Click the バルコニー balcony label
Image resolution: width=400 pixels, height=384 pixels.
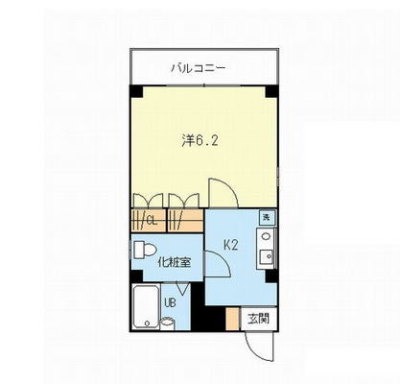[x=199, y=68]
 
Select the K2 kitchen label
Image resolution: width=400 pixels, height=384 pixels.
[x=231, y=246]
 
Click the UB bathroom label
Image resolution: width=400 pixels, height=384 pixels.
[x=170, y=304]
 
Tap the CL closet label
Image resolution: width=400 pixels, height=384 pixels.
[x=151, y=220]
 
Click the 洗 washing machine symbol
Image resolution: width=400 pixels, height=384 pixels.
[x=267, y=217]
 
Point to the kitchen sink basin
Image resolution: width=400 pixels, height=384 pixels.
[x=266, y=255]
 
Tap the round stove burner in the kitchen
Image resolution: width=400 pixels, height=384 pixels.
[x=266, y=236]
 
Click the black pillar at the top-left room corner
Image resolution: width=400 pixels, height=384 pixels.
[x=135, y=91]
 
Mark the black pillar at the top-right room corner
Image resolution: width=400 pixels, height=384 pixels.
[x=273, y=91]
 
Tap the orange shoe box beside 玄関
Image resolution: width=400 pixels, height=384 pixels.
[x=232, y=319]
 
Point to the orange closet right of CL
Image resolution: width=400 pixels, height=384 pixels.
[x=186, y=220]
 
